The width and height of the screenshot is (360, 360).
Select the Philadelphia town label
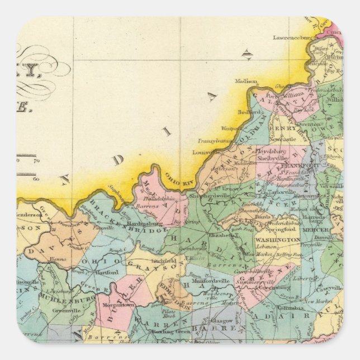pos(157,198)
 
